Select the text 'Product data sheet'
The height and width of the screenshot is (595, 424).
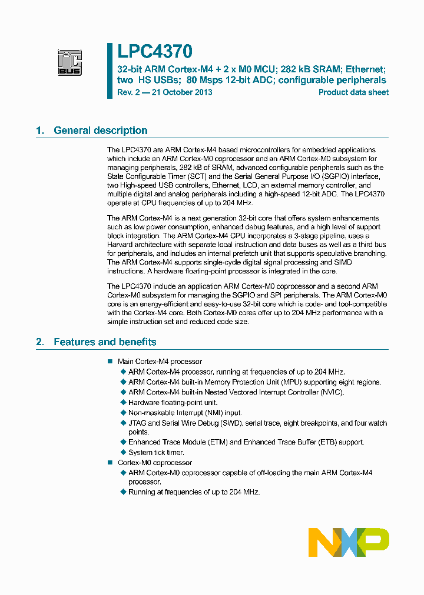[x=353, y=92]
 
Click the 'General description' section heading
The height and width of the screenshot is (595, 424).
[x=101, y=131]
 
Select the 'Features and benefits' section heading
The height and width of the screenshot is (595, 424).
[x=105, y=342]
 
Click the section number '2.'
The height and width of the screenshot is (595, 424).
[x=40, y=342]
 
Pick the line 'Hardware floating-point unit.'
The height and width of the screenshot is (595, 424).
[x=173, y=403]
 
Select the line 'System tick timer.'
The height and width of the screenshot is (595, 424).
[x=156, y=452]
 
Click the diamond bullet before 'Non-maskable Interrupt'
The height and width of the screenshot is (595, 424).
[x=123, y=413]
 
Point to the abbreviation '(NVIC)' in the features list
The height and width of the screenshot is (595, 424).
[x=332, y=392]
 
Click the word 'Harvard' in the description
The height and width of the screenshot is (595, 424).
[x=121, y=245]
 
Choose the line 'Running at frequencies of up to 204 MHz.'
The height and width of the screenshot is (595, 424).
[x=194, y=492]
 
